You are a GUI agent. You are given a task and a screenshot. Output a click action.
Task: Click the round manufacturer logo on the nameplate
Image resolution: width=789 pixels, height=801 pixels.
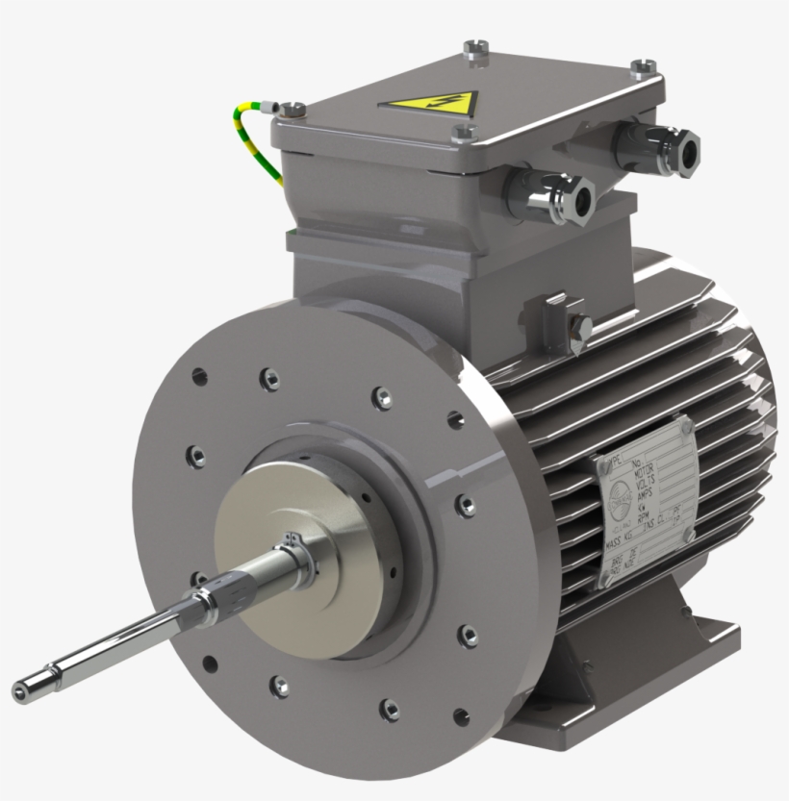click(x=615, y=505)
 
